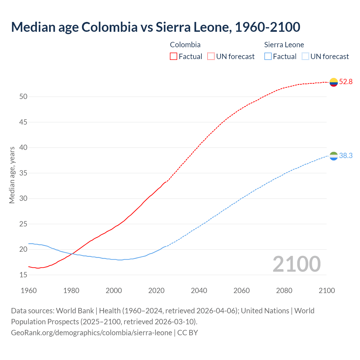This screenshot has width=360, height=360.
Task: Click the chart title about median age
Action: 156,27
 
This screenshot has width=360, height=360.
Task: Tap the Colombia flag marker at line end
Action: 334,82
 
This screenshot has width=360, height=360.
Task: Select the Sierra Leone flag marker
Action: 334,156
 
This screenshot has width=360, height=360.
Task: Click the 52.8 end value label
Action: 346,82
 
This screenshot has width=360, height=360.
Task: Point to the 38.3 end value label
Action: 346,156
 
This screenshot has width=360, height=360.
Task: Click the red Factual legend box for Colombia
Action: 174,57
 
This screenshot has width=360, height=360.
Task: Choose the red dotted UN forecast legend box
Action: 211,57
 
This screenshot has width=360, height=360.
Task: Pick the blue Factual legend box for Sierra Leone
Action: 268,57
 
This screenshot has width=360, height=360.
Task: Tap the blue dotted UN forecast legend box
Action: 305,57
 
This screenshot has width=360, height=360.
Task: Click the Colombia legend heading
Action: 185,45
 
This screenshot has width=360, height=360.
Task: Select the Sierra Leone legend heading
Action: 284,45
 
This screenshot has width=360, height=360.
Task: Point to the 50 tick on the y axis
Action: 23,97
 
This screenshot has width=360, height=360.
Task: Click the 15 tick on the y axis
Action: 23,275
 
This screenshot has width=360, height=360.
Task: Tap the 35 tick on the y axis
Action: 23,173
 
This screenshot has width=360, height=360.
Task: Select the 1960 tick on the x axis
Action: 29,291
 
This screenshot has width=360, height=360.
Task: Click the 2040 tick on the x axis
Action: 199,291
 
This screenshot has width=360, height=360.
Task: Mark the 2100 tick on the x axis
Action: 327,291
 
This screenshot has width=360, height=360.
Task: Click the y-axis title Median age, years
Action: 12,175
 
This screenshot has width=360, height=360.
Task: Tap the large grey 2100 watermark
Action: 296,264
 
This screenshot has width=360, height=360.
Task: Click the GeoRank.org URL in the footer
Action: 91,333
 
